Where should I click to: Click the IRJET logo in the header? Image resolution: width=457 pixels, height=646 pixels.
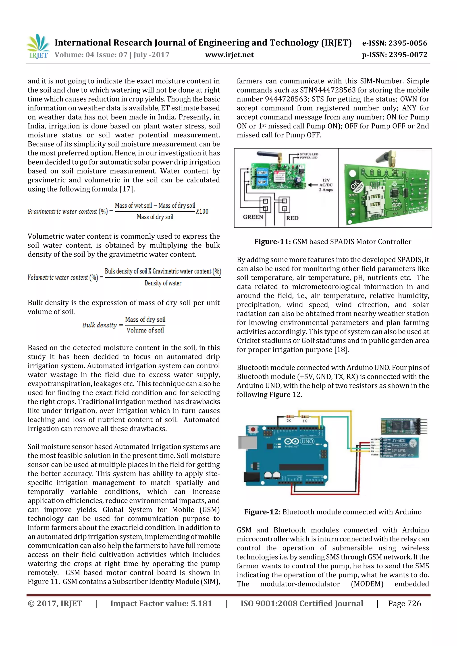click(x=38, y=46)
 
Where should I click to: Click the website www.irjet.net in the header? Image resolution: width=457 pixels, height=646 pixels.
click(x=229, y=55)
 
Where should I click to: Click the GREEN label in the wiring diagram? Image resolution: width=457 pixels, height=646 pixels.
click(x=253, y=217)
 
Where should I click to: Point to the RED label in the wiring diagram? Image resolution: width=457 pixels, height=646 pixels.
click(x=292, y=218)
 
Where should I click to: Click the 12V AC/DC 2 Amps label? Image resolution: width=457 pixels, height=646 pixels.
click(x=326, y=185)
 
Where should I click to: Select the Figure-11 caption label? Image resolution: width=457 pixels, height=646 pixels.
click(x=272, y=242)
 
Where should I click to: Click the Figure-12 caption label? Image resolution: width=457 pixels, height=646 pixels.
click(x=261, y=512)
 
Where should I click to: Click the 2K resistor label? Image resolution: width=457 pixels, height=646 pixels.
click(x=289, y=421)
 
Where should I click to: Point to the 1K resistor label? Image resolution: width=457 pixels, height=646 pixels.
click(x=305, y=421)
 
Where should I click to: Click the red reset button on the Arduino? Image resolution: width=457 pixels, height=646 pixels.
click(x=253, y=429)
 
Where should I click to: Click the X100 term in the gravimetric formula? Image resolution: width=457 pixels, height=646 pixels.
click(x=202, y=211)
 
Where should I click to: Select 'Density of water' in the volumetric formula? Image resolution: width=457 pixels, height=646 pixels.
click(x=163, y=283)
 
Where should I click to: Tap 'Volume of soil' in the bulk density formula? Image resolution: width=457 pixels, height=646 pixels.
click(x=145, y=330)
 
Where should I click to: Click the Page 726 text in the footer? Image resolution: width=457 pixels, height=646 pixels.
click(x=404, y=603)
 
